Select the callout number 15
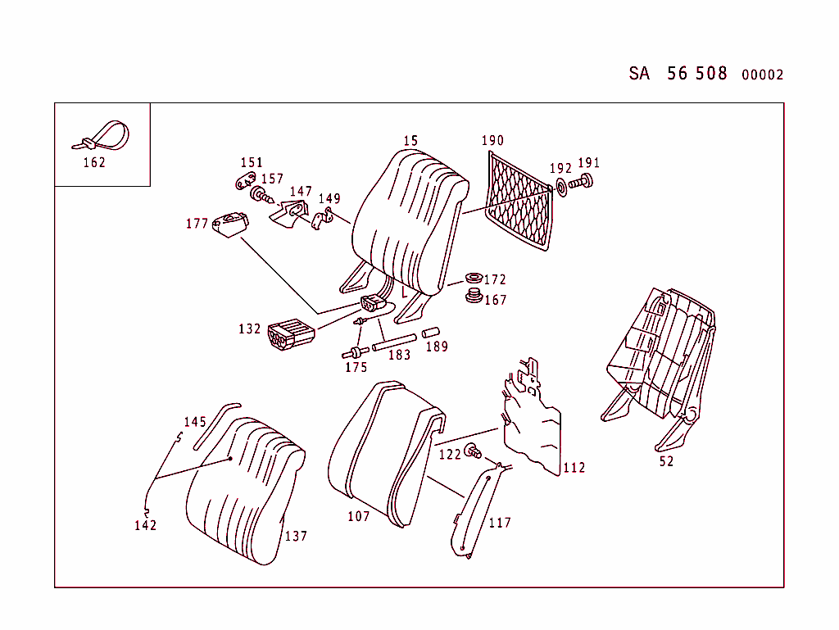410,141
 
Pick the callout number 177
197,224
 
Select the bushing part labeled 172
473,279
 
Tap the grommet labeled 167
473,296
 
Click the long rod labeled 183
395,342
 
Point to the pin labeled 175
354,353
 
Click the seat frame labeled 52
660,352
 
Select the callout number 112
574,468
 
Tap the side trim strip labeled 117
475,512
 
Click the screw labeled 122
473,450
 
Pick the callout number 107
358,516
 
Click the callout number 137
296,536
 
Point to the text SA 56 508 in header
678,74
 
